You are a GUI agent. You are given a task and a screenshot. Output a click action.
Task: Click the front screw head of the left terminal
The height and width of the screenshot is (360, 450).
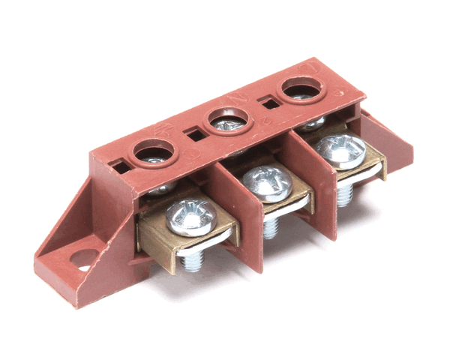(190, 216)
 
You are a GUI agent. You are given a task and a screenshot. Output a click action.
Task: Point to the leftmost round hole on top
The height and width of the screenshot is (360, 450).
(152, 154)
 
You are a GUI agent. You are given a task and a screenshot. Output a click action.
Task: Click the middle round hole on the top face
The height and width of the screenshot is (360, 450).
(226, 120)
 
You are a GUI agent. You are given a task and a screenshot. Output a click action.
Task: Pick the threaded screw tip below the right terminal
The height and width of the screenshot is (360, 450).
(345, 195)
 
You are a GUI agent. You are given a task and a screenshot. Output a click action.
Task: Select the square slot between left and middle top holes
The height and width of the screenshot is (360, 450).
(195, 136)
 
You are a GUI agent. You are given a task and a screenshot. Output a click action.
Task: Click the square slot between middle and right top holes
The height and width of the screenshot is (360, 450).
(266, 106)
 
